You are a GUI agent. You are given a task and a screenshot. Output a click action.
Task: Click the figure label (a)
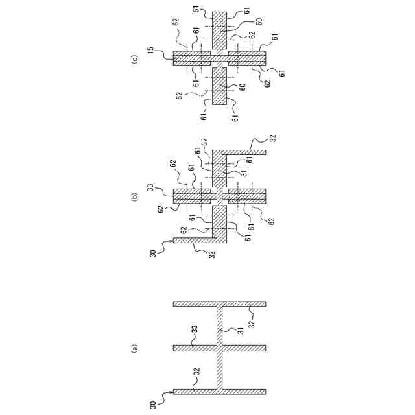[x=135, y=348]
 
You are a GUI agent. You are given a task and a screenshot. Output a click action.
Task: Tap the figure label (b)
[x=135, y=196]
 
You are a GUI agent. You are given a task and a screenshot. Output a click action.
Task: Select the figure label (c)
[x=135, y=59]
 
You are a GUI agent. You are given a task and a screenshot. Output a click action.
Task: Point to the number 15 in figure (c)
[x=150, y=50]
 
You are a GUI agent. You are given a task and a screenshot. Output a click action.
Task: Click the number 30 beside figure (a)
[x=153, y=404]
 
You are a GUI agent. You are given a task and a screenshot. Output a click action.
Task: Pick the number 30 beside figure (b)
[x=153, y=252]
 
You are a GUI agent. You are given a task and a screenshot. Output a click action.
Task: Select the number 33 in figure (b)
[x=150, y=189]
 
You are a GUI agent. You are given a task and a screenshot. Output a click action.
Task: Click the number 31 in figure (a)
[x=241, y=331]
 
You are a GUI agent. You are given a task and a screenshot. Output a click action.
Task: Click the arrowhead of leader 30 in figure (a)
[x=174, y=391]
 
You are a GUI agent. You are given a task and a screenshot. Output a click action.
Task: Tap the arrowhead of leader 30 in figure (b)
[x=174, y=241]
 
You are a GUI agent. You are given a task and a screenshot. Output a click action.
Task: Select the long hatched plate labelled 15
[x=220, y=59]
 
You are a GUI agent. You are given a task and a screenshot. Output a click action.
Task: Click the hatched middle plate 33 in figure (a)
[x=220, y=348]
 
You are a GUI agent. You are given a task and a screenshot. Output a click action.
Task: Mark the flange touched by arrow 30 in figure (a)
[x=220, y=392]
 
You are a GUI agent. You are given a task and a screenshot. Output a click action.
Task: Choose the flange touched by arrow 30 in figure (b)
[x=195, y=241]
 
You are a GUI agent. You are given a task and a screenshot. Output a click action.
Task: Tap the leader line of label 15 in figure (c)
[x=163, y=54]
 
